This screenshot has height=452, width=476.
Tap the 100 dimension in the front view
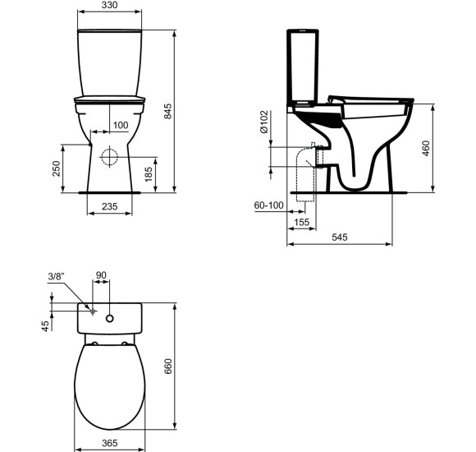pos(121,125)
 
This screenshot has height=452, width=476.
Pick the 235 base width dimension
pos(109,207)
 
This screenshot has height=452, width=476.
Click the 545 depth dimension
pos(340,238)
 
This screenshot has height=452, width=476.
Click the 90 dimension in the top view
pos(103,277)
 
